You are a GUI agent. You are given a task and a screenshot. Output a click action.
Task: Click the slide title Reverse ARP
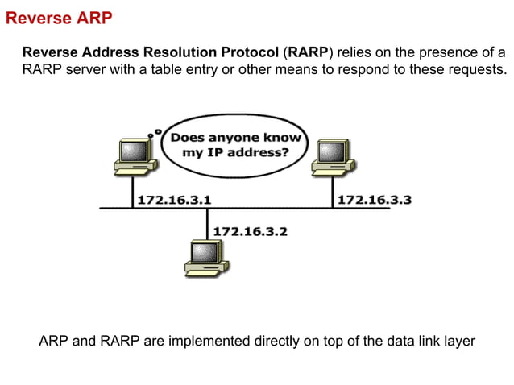click(59, 17)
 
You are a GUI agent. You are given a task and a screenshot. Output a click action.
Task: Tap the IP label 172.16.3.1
click(175, 199)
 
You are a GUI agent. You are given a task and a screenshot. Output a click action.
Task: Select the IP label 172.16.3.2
click(250, 231)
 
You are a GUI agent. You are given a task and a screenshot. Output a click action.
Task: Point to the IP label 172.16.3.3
click(374, 199)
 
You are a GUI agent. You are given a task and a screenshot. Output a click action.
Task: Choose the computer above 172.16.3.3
click(331, 155)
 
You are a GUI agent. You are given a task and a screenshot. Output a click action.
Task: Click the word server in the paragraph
click(84, 70)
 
